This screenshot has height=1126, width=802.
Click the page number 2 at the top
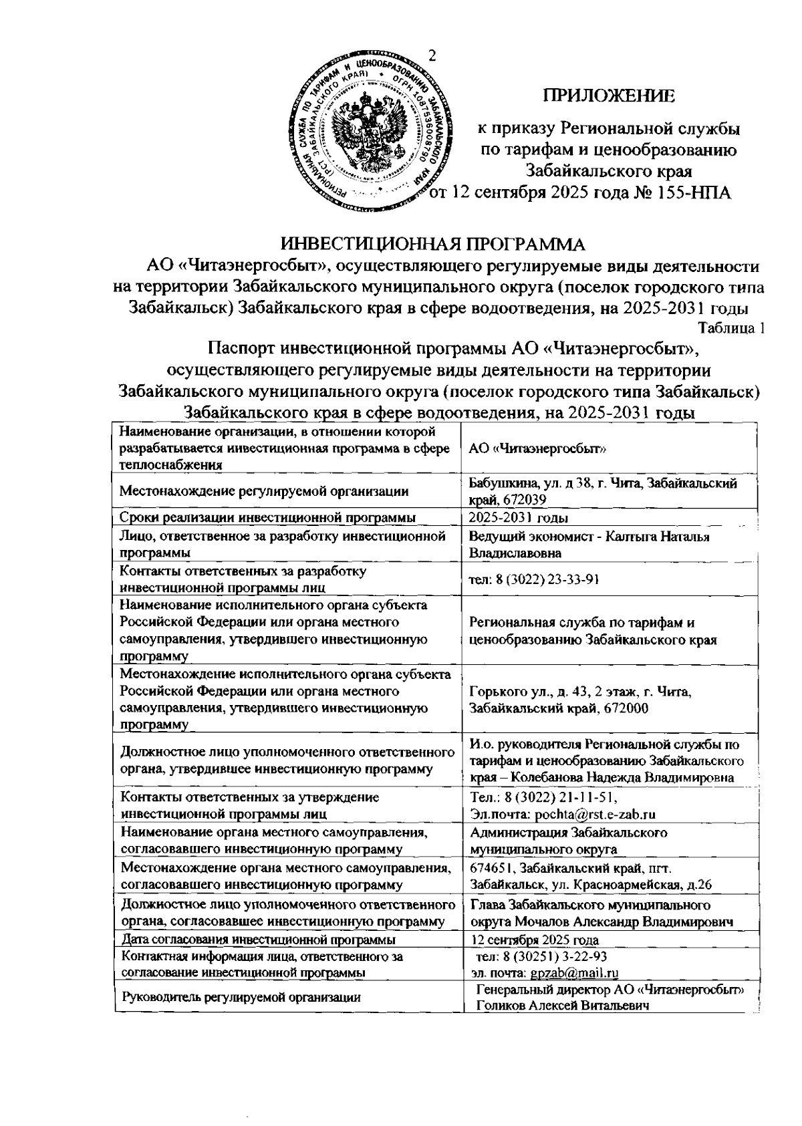point(432,55)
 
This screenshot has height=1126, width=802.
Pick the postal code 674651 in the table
point(491,868)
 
